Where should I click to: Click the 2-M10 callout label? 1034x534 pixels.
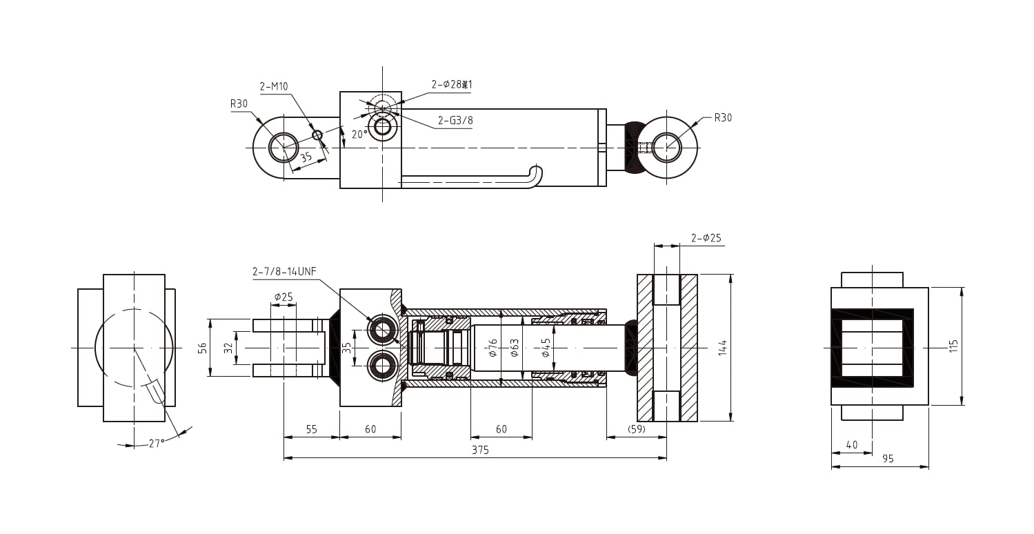274,87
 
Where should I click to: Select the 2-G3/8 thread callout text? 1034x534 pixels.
455,121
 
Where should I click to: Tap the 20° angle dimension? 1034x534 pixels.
359,135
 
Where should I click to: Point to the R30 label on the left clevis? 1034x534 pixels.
239,104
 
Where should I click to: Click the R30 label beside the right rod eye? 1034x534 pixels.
723,118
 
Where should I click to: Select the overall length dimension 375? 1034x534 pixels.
480,450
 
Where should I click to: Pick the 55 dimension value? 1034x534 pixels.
311,429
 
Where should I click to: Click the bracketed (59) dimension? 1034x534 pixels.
636,429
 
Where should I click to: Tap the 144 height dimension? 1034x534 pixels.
722,347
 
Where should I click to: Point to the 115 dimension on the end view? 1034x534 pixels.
954,346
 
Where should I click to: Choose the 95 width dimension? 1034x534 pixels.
888,459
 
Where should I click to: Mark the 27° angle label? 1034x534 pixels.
157,444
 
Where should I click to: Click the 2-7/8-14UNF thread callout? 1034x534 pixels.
284,272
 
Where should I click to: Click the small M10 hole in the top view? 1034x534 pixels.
317,135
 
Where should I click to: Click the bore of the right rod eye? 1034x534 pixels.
666,148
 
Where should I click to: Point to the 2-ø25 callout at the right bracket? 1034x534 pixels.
706,239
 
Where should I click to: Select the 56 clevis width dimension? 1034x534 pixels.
203,348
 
